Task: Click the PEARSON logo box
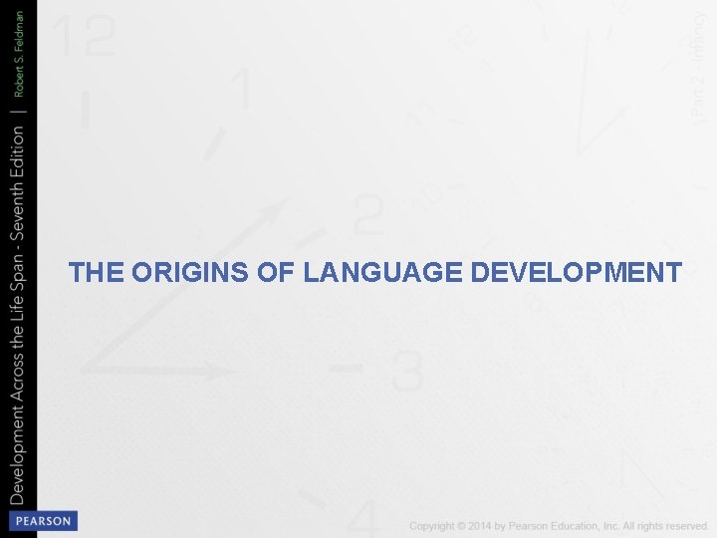click(43, 521)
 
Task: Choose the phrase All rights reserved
click(666, 525)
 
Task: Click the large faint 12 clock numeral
click(84, 38)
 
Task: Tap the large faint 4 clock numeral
click(365, 518)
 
